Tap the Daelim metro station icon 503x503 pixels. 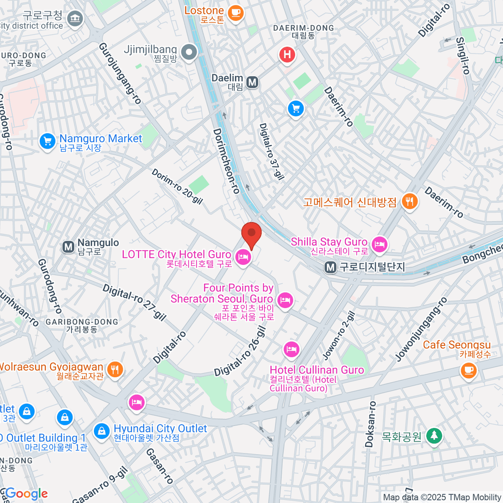[x=252, y=82]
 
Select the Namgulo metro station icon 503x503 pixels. [x=68, y=247]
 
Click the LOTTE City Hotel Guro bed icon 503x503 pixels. [x=243, y=257]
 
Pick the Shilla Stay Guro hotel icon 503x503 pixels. [x=380, y=244]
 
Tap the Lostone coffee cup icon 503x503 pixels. [x=236, y=12]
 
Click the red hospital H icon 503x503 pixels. [x=287, y=55]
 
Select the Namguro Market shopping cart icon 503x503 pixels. [x=47, y=141]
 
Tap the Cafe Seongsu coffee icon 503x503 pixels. [x=469, y=370]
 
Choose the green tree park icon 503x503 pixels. [x=434, y=436]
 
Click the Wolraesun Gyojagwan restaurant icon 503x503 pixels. [x=114, y=369]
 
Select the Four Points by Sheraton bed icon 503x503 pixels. [x=285, y=300]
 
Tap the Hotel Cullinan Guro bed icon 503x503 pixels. [x=291, y=349]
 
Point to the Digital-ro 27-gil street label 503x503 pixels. [x=134, y=302]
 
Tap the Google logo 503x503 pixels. [x=26, y=494]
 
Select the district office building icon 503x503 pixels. [x=75, y=18]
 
